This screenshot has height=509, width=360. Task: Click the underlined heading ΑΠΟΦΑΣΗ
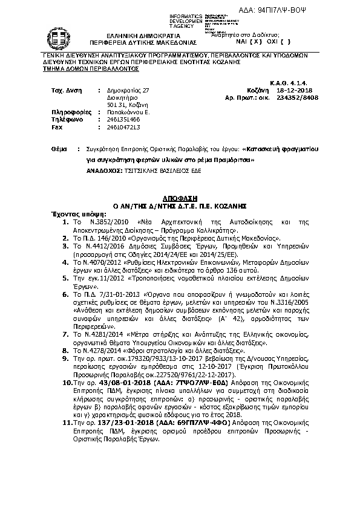[x=180, y=198]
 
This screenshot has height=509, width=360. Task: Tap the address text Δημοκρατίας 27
[x=127, y=89]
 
